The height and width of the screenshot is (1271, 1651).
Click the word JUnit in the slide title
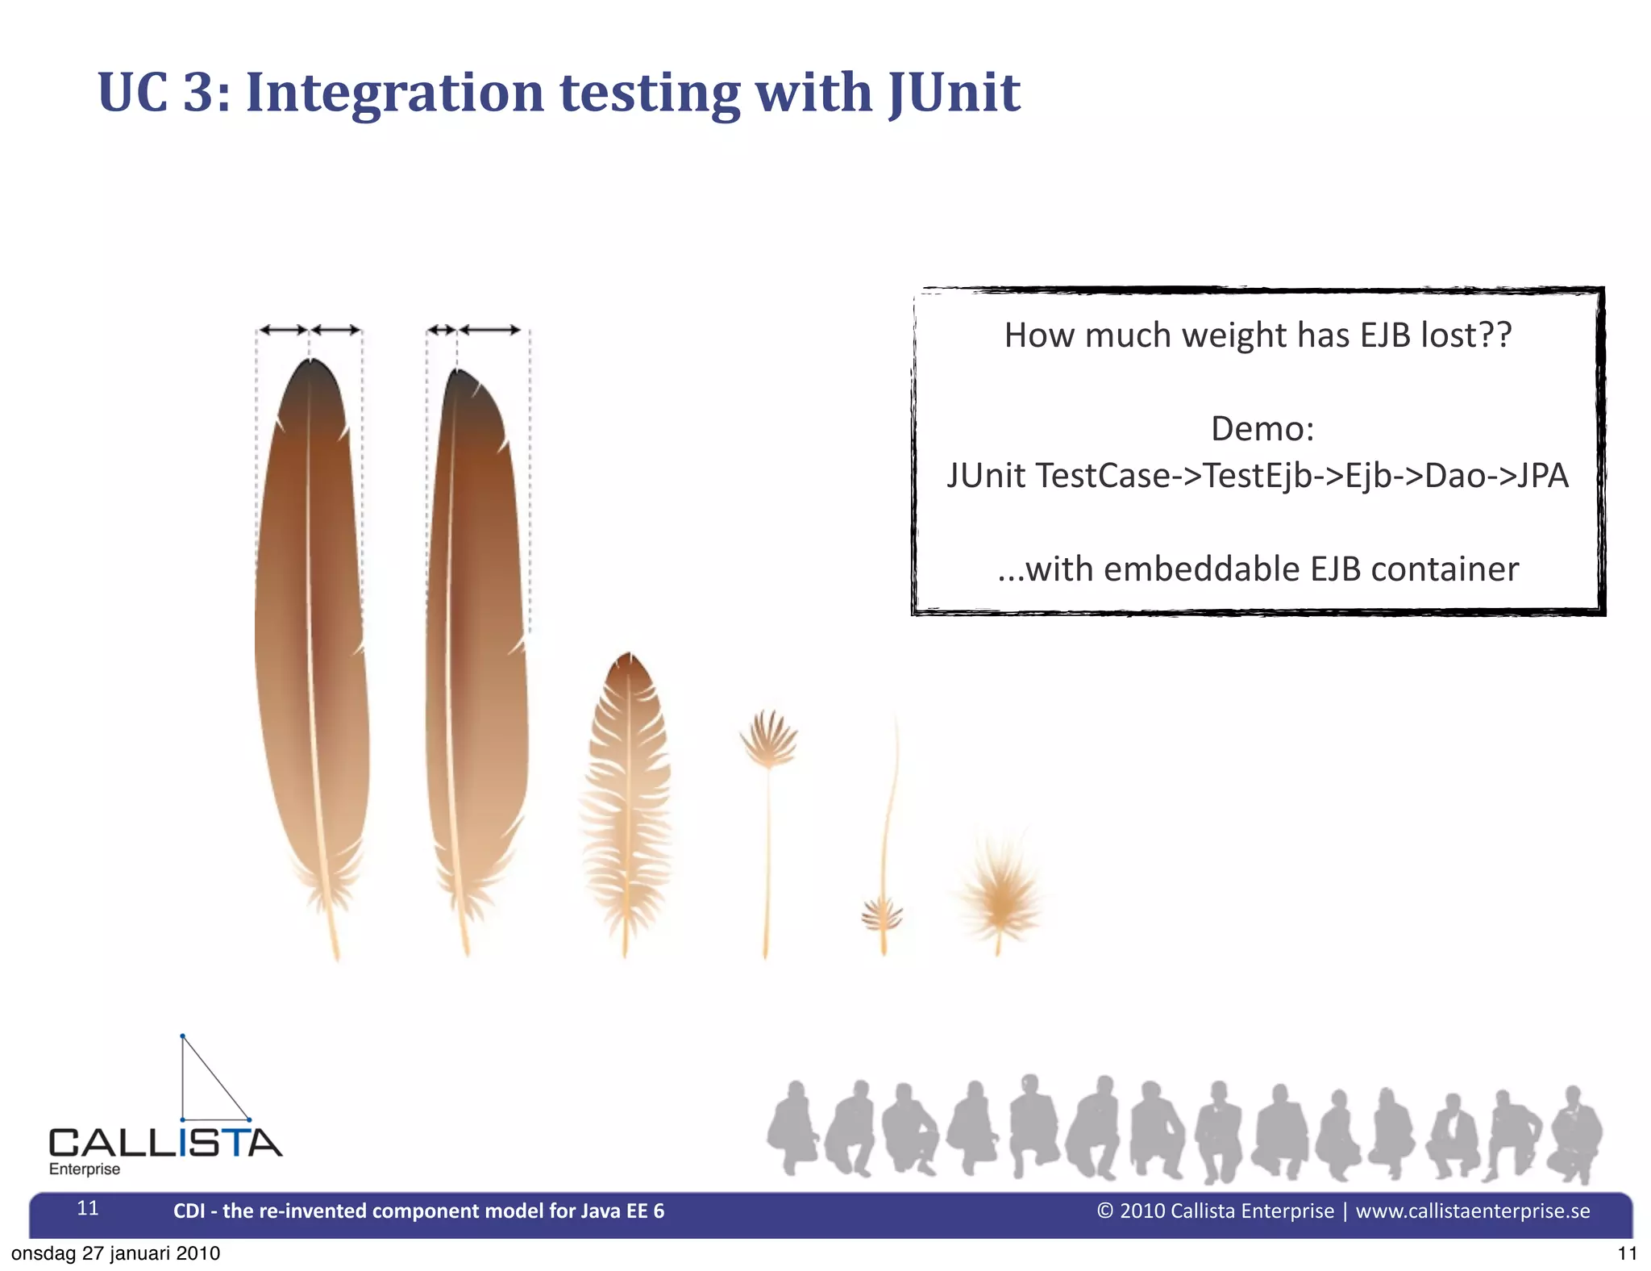pyautogui.click(x=954, y=93)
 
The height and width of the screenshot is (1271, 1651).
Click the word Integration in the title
pyautogui.click(x=395, y=93)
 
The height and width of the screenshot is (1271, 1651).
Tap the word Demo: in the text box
pyautogui.click(x=1262, y=428)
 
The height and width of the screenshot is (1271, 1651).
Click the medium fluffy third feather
pyautogui.click(x=626, y=790)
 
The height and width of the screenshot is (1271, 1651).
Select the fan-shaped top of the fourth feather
pyautogui.click(x=768, y=738)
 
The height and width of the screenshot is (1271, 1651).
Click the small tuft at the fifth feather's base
pyautogui.click(x=882, y=916)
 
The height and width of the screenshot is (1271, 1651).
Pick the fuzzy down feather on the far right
pyautogui.click(x=1000, y=891)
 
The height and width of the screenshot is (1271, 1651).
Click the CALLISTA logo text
pyautogui.click(x=165, y=1143)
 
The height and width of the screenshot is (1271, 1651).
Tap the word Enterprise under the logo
pyautogui.click(x=85, y=1169)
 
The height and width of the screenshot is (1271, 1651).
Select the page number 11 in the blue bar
pyautogui.click(x=88, y=1207)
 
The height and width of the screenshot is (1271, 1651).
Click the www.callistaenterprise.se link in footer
pyautogui.click(x=1472, y=1211)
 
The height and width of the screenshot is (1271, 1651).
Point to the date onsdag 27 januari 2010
pyautogui.click(x=115, y=1253)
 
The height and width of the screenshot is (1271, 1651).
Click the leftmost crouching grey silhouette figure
pyautogui.click(x=792, y=1129)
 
